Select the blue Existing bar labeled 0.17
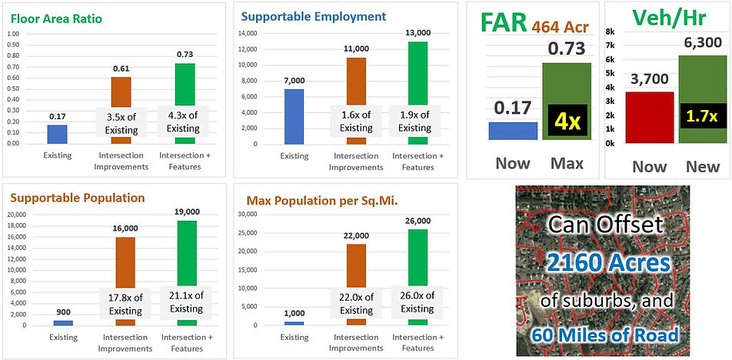pyautogui.click(x=57, y=135)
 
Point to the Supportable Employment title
pyautogui.click(x=313, y=15)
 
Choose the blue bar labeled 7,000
pyautogui.click(x=294, y=116)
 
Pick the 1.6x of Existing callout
pyautogui.click(x=356, y=122)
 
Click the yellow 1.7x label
pyautogui.click(x=700, y=117)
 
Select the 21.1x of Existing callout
pyautogui.click(x=183, y=301)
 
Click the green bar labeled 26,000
pyautogui.click(x=418, y=277)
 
